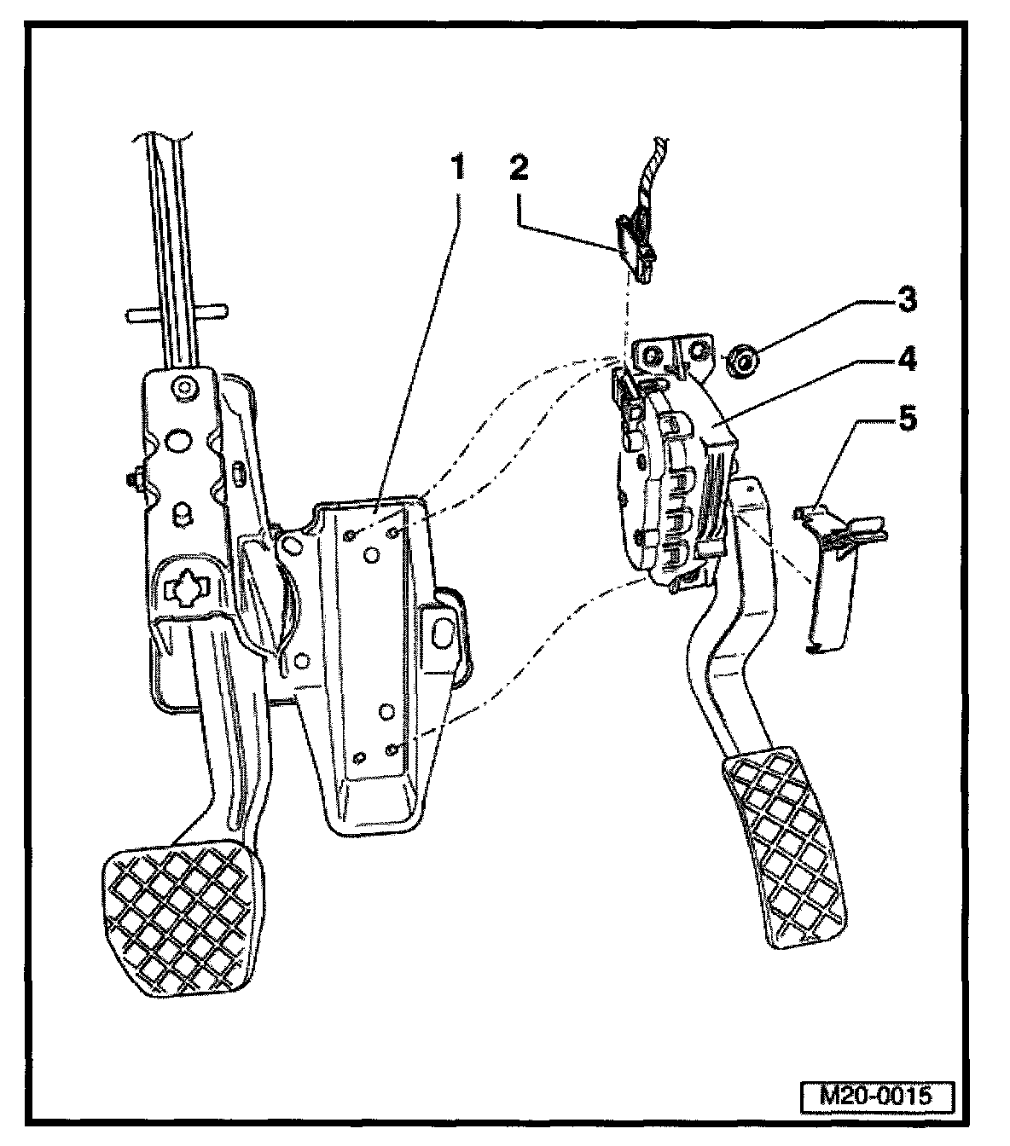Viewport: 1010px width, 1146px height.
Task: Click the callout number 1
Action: pos(458,168)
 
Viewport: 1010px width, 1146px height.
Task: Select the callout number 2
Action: pos(519,168)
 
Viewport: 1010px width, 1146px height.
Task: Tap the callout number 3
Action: pos(906,299)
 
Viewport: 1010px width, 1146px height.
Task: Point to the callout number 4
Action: pos(906,359)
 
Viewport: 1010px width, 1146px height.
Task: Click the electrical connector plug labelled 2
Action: pos(633,241)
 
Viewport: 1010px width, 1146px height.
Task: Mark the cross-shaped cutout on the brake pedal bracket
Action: pos(185,588)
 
